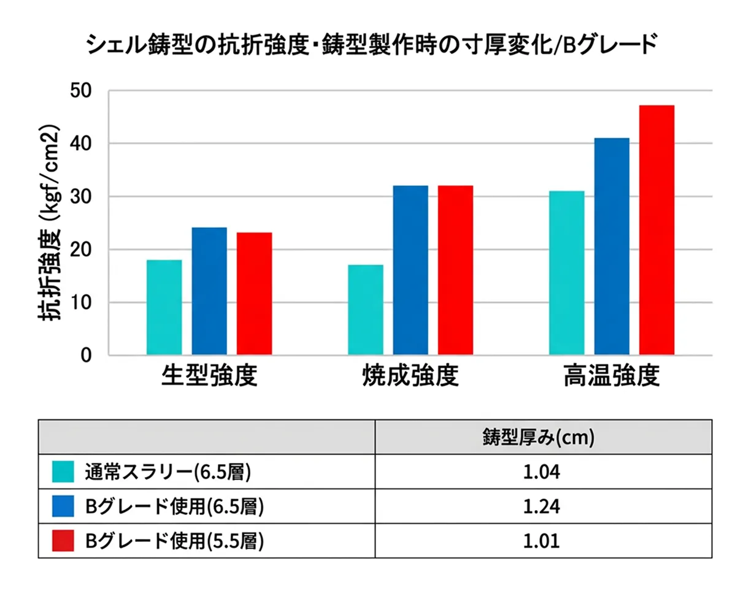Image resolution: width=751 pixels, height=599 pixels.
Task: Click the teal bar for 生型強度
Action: click(164, 307)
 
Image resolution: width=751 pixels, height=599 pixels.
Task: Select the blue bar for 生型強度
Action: click(209, 291)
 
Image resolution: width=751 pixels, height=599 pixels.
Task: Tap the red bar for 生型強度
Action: click(254, 294)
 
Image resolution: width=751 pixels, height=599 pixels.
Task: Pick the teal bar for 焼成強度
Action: click(366, 310)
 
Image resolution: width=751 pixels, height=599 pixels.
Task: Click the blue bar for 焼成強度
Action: click(410, 270)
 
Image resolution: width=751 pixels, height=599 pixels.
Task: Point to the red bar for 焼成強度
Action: click(455, 270)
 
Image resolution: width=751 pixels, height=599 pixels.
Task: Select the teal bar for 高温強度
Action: click(567, 273)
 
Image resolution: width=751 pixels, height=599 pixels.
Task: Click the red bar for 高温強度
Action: click(657, 230)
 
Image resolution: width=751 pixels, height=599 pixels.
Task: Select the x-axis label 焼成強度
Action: click(410, 376)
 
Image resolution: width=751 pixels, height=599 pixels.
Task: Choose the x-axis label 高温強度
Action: click(612, 376)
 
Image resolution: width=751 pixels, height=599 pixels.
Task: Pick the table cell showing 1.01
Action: click(543, 541)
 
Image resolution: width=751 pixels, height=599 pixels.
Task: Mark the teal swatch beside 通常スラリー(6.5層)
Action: click(63, 472)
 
